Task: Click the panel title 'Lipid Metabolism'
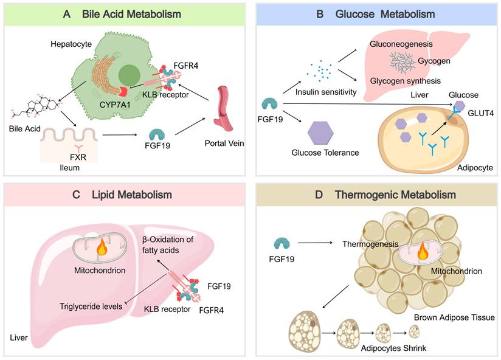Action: (x=125, y=195)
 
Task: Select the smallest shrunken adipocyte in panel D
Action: (x=414, y=331)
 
